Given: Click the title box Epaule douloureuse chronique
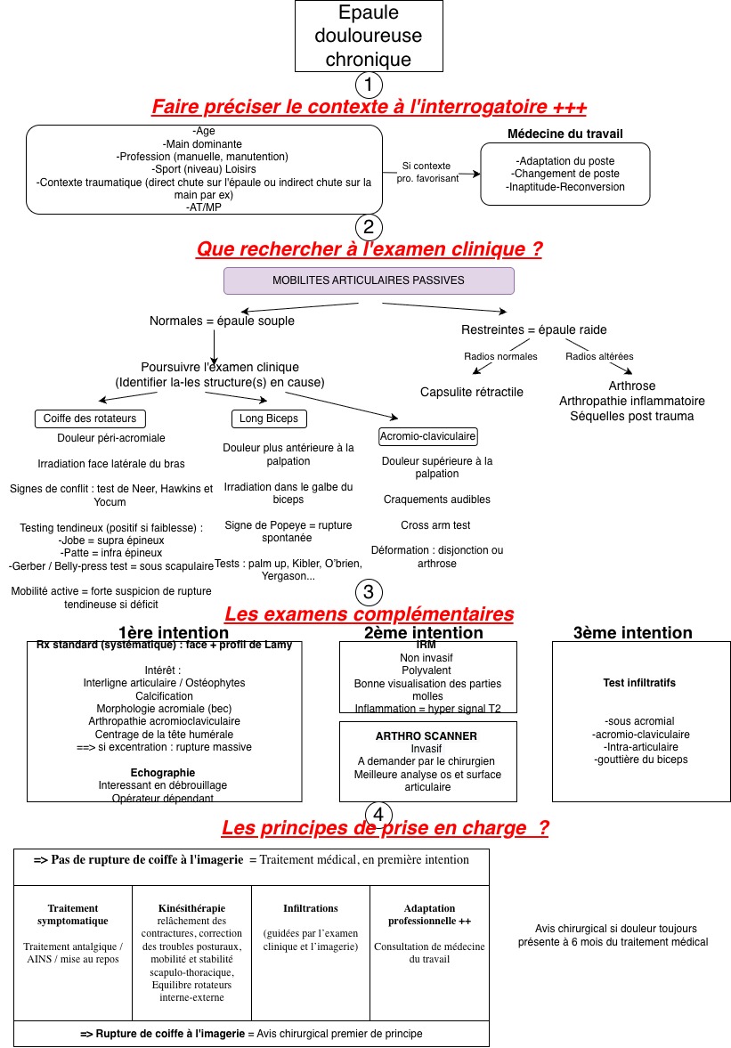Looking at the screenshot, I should tap(369, 37).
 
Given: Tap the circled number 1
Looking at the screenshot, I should tap(369, 85).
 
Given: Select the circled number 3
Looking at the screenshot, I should tap(369, 592).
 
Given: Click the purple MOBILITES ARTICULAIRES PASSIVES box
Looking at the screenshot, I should tap(369, 280).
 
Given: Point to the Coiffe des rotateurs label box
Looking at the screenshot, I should tap(90, 418).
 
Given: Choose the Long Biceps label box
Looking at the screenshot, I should tap(269, 418).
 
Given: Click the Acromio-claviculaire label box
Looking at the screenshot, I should tap(428, 436).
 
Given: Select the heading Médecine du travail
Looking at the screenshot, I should tap(564, 134).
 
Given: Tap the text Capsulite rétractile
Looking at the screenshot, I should tap(472, 392).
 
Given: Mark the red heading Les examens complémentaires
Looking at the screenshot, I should tap(369, 614).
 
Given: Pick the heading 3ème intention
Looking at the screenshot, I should tap(632, 633).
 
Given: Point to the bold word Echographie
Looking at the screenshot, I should tap(162, 773).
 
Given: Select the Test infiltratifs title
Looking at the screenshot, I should tap(638, 683).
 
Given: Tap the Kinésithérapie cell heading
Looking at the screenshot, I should tap(191, 908).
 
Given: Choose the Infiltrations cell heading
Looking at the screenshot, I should tap(310, 908).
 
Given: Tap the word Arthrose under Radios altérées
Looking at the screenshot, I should tap(631, 386).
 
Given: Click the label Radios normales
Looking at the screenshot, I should tap(500, 357).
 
